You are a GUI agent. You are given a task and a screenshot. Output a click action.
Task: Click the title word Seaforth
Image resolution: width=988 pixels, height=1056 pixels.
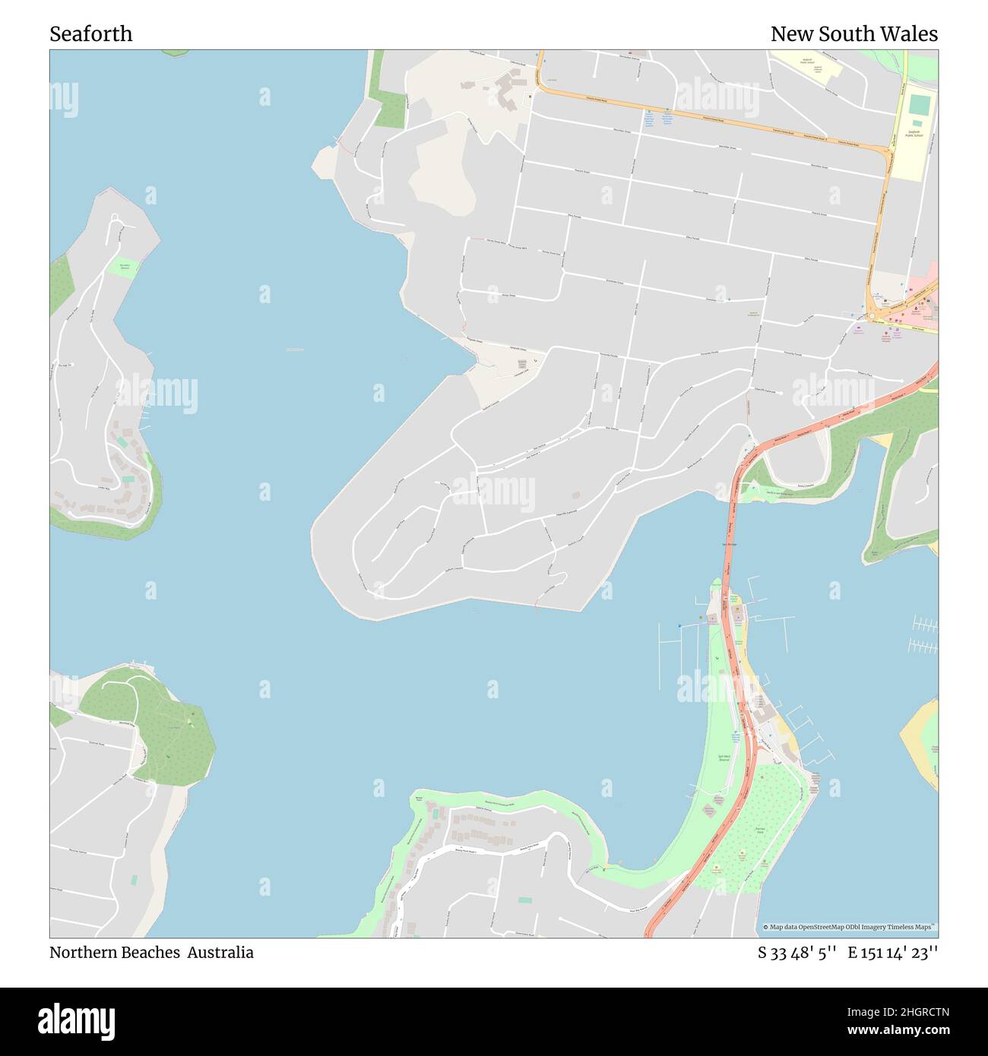pos(90,34)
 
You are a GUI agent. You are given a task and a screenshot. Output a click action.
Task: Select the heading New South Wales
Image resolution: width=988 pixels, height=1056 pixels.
pos(853,34)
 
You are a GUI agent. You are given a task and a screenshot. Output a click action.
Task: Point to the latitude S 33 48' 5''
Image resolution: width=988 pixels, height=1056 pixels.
pos(796,953)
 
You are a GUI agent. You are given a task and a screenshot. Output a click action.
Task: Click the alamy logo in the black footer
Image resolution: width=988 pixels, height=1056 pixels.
pos(77,1020)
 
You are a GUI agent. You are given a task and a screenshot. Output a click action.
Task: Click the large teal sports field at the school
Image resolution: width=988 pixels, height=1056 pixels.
pos(919,106)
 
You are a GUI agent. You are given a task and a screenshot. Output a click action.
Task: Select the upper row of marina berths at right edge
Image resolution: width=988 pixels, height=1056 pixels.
pos(923,624)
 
